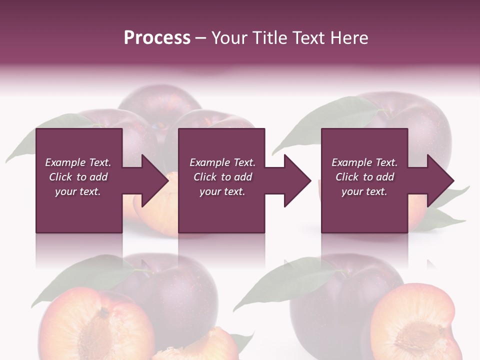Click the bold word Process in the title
tap(157, 37)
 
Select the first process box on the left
tap(79, 215)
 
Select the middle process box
tap(221, 215)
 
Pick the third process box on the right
tap(364, 215)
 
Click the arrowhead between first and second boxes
tap(155, 180)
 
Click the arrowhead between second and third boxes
tap(298, 180)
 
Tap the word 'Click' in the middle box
tap(205, 177)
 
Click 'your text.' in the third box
tap(364, 191)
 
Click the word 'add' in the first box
tap(99, 177)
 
